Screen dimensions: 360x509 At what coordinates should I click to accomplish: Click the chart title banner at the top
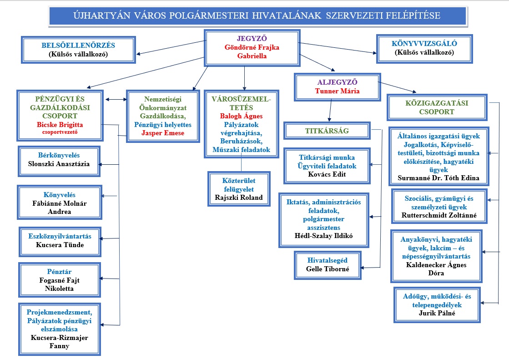point(257,16)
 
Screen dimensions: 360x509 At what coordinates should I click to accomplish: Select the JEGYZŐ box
point(251,47)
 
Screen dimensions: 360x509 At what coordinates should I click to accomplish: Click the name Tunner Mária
point(337,91)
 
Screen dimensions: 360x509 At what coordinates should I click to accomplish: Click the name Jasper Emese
point(163,133)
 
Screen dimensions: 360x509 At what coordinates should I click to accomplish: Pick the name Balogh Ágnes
point(241,116)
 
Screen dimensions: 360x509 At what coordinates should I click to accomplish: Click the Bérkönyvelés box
point(59,160)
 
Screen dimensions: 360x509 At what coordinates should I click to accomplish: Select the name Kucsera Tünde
point(60,245)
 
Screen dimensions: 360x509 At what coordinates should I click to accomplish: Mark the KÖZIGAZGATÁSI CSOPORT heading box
point(437,107)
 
